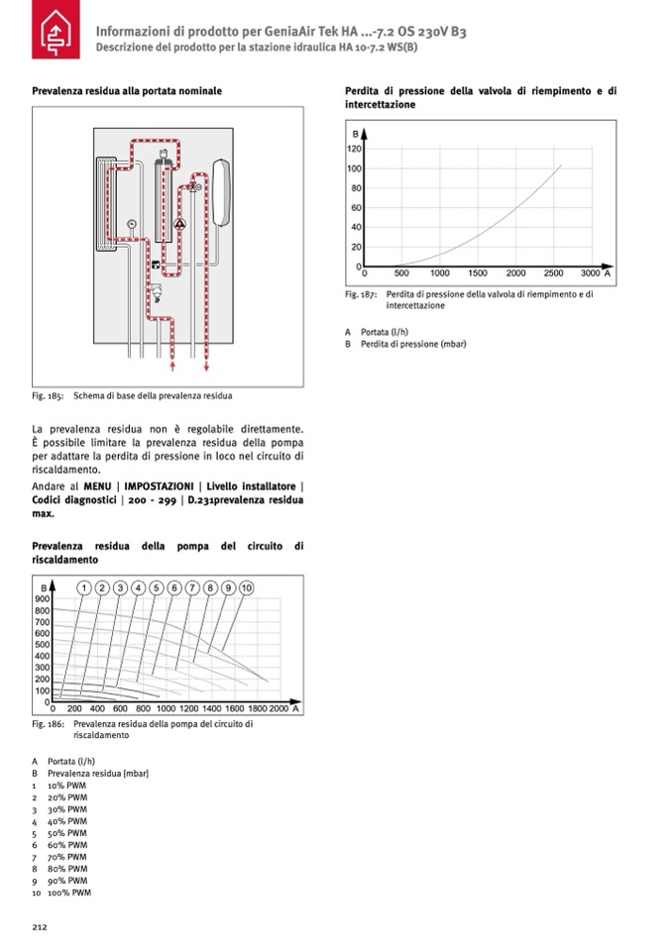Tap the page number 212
40,927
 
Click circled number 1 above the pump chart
85,587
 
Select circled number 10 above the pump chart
246,587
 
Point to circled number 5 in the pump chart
157,587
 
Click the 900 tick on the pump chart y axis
43,598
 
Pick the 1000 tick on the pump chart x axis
165,709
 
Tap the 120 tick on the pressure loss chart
354,149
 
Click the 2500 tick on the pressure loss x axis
554,272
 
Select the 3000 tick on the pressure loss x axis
590,272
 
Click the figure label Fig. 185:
48,396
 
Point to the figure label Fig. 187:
361,294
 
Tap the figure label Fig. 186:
48,724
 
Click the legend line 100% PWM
68,893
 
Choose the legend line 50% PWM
67,833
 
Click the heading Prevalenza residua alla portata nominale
127,90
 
